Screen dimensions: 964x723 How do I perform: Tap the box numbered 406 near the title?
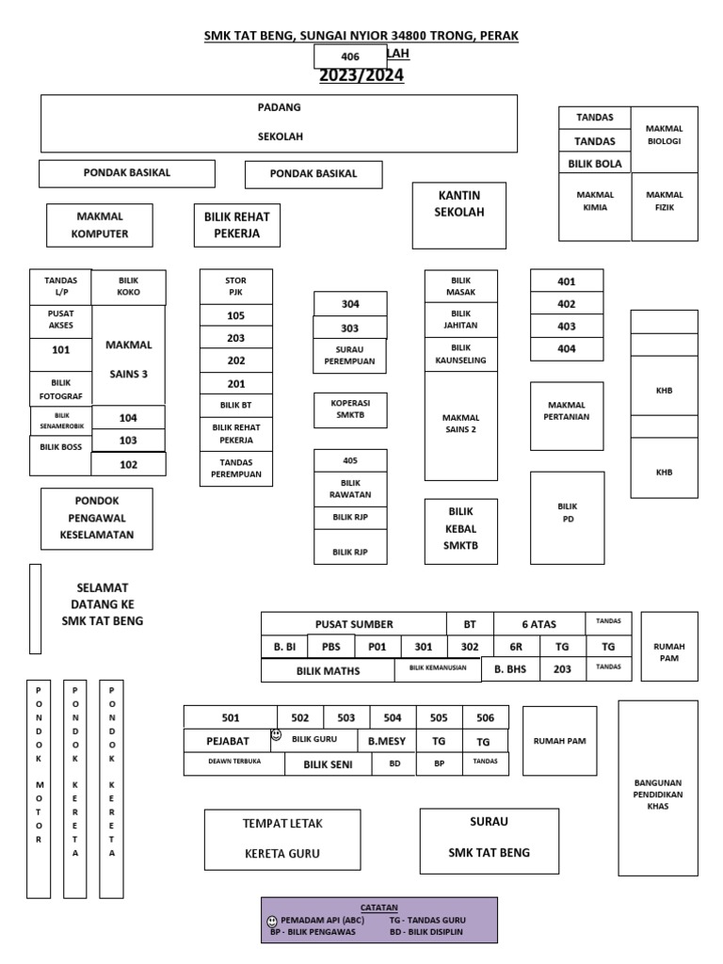click(x=350, y=56)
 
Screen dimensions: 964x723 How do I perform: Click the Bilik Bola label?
click(x=595, y=164)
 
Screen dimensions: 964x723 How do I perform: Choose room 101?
click(x=61, y=350)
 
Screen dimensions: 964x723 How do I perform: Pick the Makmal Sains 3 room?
click(x=129, y=359)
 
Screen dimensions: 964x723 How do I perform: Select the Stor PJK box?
click(x=235, y=286)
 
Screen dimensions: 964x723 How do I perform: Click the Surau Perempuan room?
click(x=349, y=355)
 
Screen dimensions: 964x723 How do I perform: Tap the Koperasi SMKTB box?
click(x=349, y=410)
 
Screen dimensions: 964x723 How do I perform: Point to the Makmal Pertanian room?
click(x=566, y=411)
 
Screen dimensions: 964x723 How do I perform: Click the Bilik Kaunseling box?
click(x=460, y=354)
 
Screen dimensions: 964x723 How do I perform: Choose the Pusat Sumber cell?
click(x=354, y=624)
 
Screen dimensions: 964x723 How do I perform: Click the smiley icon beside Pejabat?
click(x=276, y=734)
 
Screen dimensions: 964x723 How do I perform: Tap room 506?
click(x=485, y=717)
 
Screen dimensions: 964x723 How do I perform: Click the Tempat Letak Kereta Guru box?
click(x=282, y=839)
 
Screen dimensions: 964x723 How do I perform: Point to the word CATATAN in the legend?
click(x=378, y=908)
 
